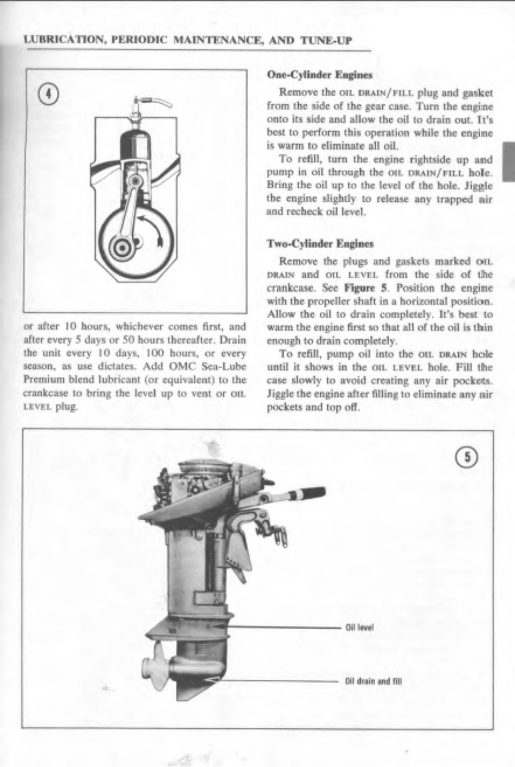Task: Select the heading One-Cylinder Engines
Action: [x=319, y=75]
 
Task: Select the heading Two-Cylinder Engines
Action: [x=320, y=244]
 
